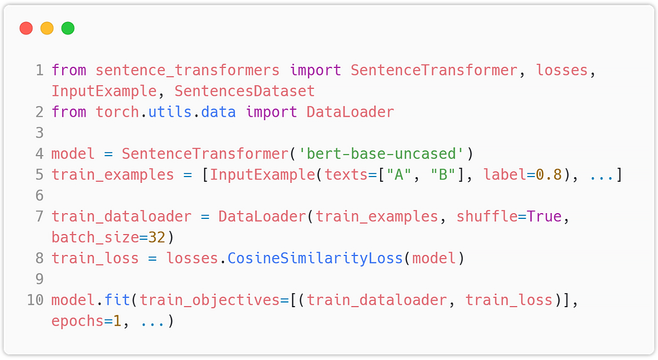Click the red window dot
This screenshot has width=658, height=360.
point(26,28)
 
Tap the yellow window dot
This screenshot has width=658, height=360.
point(47,28)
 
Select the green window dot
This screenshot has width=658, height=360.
point(68,28)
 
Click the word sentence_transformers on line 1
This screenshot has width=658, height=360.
point(187,70)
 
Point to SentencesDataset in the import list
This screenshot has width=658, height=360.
point(245,91)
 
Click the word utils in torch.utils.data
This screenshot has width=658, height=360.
point(170,112)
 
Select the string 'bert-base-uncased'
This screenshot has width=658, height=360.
point(381,154)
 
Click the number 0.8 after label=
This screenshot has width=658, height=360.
point(549,175)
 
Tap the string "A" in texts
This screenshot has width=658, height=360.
point(399,175)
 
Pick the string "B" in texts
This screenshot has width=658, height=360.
point(443,175)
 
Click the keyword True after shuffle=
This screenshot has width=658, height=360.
point(544,217)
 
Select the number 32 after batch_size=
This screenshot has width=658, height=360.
point(157,237)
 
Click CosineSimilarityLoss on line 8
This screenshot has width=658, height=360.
point(315,258)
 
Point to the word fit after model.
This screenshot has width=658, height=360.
point(117,300)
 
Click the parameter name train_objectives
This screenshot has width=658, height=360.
point(210,300)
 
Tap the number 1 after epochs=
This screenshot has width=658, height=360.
point(117,321)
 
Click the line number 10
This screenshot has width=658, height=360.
point(35,300)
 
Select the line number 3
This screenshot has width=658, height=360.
point(39,133)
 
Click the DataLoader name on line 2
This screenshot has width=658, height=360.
point(350,112)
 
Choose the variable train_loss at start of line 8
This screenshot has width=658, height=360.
point(95,258)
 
